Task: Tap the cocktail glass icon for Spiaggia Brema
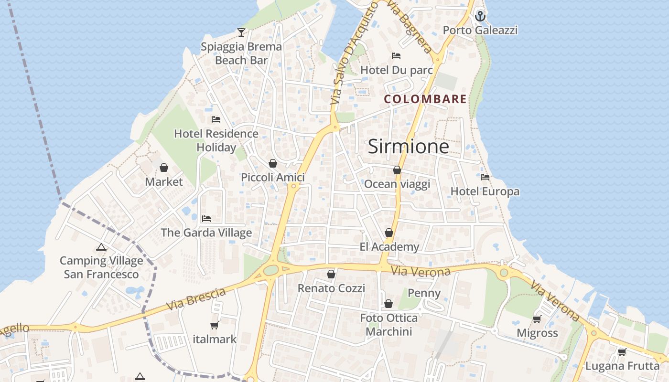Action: coord(241,32)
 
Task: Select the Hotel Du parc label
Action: coord(396,70)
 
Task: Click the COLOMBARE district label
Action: coord(425,99)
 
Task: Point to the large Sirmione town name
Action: coord(408,147)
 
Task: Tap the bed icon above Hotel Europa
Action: coord(485,177)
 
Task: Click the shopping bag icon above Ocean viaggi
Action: coord(397,170)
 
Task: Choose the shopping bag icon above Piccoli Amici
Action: coord(272,163)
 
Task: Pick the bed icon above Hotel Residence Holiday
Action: coord(216,119)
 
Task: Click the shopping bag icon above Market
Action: coord(164,168)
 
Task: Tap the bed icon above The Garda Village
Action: coord(206,219)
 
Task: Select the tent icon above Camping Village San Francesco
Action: coord(101,247)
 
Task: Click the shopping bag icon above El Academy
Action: coord(389,233)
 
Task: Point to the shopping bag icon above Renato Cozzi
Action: coord(331,274)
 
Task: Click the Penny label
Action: coord(424,293)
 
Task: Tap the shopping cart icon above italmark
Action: coord(215,325)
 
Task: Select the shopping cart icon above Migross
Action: coord(537,318)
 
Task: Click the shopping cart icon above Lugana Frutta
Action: coord(622,352)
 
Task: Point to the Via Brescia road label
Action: coord(196,299)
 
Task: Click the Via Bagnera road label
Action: coord(409,26)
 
